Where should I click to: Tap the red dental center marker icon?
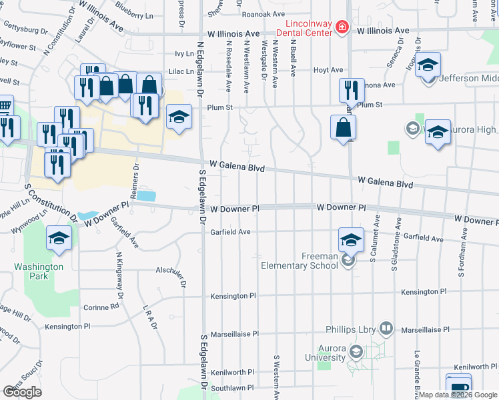(x=342, y=27)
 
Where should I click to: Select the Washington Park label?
(x=39, y=271)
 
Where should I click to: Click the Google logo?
(x=22, y=391)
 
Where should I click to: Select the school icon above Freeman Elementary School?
(x=351, y=239)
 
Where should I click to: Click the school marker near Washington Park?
(x=59, y=238)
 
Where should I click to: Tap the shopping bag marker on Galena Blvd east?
(x=342, y=127)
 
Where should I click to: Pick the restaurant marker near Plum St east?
(x=351, y=91)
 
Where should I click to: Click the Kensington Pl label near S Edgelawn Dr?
(x=233, y=296)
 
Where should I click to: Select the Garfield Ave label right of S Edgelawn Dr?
(x=230, y=232)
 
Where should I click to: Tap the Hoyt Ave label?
(x=328, y=69)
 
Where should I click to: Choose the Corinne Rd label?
(x=101, y=307)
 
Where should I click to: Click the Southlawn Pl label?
(x=232, y=387)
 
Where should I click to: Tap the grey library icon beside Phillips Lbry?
(x=386, y=328)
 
